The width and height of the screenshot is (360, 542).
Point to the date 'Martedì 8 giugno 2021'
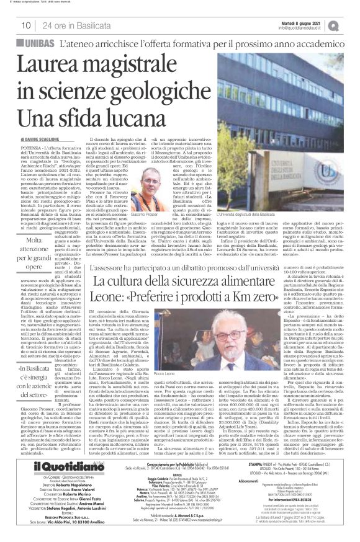click(305, 21)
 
